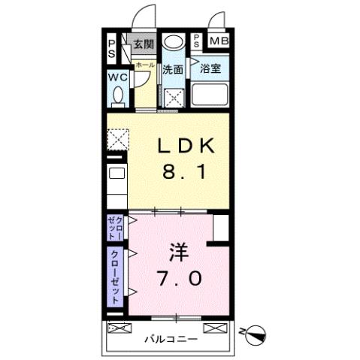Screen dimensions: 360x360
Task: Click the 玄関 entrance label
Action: point(144,44)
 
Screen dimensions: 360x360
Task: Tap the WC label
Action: point(117,77)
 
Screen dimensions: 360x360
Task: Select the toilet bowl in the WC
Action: point(118,95)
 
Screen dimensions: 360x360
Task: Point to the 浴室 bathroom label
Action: point(210,68)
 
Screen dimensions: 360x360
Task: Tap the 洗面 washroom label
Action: point(173,69)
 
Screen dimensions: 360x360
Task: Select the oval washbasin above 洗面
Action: point(174,42)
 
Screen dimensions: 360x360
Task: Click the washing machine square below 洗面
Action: point(175,97)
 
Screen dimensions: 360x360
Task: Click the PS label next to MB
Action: point(197,41)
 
